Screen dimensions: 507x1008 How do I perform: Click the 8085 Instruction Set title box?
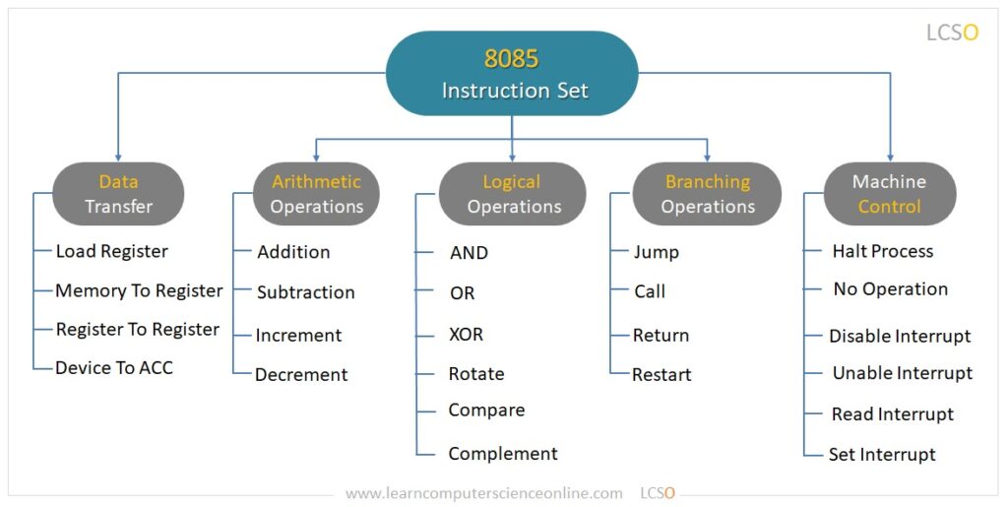[x=512, y=74]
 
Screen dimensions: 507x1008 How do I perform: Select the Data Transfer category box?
[x=118, y=194]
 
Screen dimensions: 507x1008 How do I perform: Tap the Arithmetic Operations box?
[x=316, y=194]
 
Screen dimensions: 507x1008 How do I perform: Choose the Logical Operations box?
[x=513, y=194]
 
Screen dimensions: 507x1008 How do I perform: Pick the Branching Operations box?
[x=707, y=194]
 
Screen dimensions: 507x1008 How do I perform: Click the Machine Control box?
[x=889, y=194]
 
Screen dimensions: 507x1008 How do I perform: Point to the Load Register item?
[x=111, y=251]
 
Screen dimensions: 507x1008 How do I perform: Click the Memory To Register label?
[x=139, y=290]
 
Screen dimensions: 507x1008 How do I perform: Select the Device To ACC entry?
[x=114, y=367]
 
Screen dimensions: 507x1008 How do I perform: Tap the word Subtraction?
[x=305, y=292]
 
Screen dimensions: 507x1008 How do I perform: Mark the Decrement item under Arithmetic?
[x=301, y=374]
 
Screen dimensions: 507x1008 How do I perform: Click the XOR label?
[x=466, y=334]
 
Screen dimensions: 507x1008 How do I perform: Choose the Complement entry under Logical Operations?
[x=502, y=454]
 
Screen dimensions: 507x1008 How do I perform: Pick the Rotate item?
[x=475, y=374]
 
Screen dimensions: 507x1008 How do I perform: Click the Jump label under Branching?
[x=656, y=252]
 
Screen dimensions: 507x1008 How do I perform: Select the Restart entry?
[x=661, y=374]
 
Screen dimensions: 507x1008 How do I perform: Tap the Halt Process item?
[x=882, y=251]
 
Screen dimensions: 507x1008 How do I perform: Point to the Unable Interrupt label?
[x=902, y=373]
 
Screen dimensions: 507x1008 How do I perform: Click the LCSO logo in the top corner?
[x=952, y=32]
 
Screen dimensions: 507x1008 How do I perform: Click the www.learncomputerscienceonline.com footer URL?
[x=483, y=492]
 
